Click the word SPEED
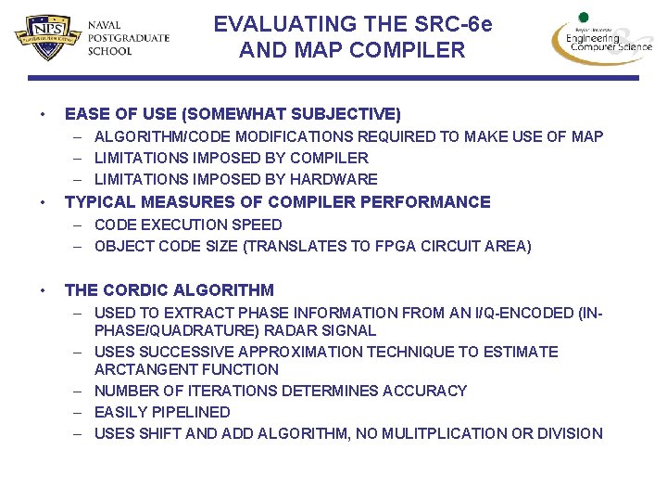[x=259, y=225]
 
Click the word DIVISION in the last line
[x=571, y=434]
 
